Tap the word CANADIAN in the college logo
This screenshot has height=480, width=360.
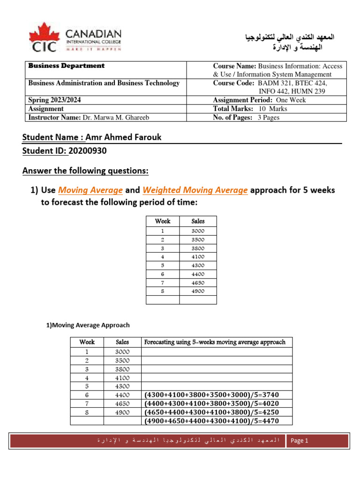pos(93,34)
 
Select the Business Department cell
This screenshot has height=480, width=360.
pos(67,66)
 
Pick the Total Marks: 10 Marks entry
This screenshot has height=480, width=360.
pos(250,109)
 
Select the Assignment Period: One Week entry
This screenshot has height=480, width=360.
pos(259,100)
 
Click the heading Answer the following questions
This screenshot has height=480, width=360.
pos(85,171)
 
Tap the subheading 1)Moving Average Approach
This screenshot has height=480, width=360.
pos(87,325)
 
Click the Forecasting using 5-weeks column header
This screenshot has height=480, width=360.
pos(215,342)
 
